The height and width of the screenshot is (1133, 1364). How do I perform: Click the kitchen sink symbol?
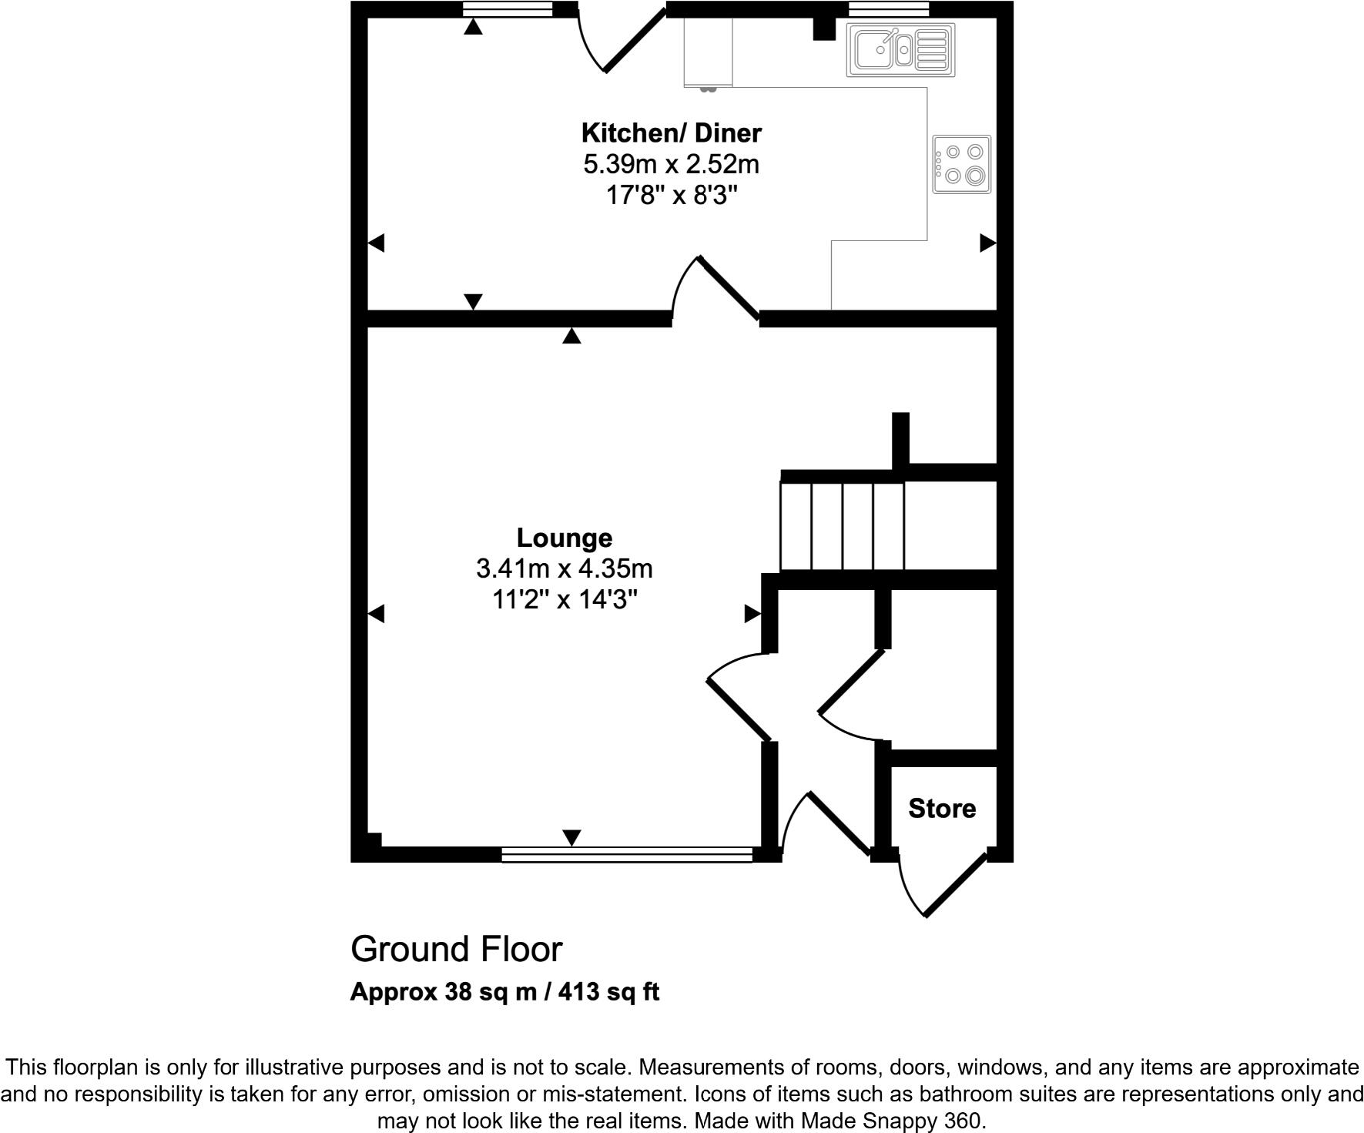[900, 50]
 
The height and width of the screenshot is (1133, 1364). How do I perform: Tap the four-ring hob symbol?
[961, 164]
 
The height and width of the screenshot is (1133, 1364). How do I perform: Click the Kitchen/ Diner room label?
[671, 133]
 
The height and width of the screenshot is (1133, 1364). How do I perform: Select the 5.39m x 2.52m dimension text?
[671, 165]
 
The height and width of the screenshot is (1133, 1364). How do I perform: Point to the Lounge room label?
[564, 538]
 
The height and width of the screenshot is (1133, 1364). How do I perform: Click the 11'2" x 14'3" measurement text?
[565, 599]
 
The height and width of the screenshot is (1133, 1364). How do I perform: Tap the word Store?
[941, 809]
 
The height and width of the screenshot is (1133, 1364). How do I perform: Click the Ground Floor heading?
[456, 950]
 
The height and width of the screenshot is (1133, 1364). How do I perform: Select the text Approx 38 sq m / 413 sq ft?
[504, 992]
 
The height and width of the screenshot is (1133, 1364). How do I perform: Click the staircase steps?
[842, 526]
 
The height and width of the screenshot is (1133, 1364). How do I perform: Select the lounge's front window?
[626, 854]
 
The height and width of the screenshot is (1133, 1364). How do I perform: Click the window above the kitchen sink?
[888, 9]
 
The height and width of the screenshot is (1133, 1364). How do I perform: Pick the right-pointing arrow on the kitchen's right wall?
[987, 243]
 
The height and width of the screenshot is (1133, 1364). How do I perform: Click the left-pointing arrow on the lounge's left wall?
[377, 614]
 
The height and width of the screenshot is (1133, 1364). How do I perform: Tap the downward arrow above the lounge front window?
[571, 837]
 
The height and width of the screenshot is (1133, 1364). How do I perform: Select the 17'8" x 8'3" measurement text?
[671, 196]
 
